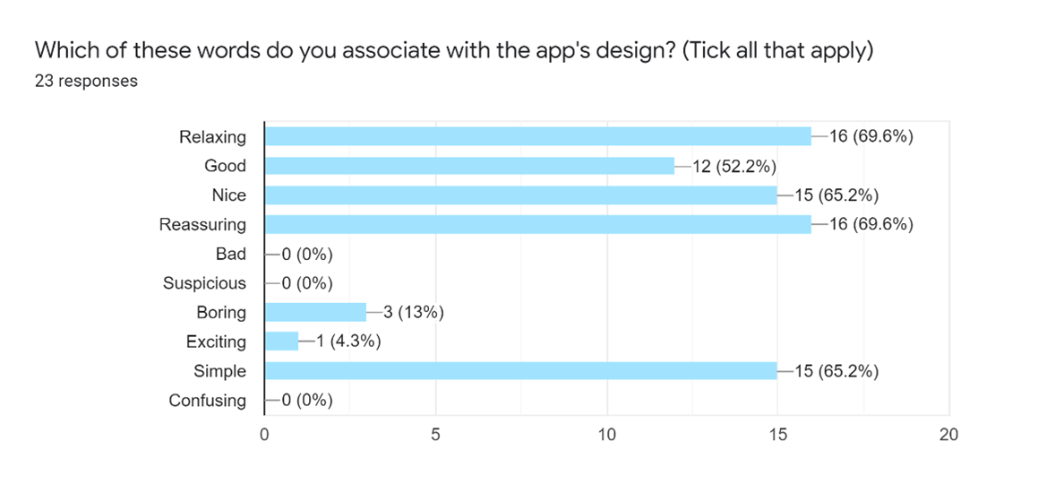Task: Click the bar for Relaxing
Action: click(x=537, y=136)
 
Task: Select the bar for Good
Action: click(x=469, y=166)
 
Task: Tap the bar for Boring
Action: click(x=315, y=312)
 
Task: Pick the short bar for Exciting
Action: click(x=281, y=342)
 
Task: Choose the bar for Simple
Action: click(x=520, y=371)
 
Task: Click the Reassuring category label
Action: click(x=202, y=224)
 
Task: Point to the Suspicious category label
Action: click(x=204, y=283)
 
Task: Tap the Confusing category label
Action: click(x=207, y=400)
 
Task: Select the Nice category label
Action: click(x=228, y=195)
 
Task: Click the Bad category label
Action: click(x=231, y=254)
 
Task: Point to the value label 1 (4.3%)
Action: click(x=346, y=342)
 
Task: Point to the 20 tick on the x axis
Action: click(x=948, y=435)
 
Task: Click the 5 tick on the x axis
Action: click(x=435, y=435)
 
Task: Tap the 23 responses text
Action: click(x=86, y=81)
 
